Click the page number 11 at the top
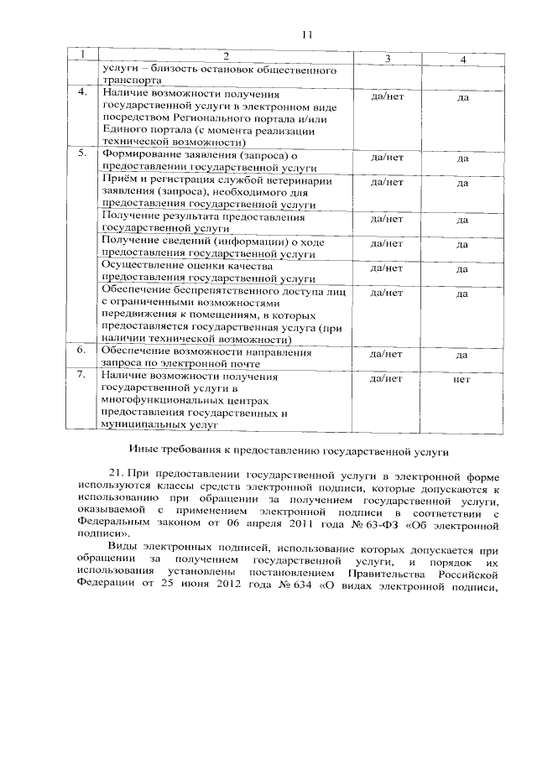coord(305,34)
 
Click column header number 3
coord(387,59)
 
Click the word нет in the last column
coord(461,379)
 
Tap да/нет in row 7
coord(387,379)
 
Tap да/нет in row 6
coord(387,354)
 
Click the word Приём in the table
coord(117,180)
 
